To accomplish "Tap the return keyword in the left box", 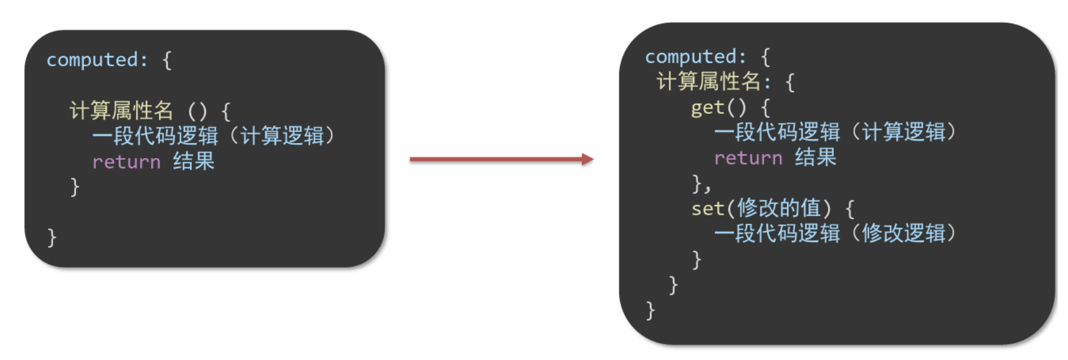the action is (126, 162).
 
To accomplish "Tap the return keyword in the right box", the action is (748, 158).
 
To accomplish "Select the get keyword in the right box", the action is (707, 107).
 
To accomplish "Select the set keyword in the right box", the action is (707, 209).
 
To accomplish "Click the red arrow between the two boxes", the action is (501, 159).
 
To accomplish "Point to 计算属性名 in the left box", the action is (121, 110).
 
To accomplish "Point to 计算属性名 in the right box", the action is (708, 81).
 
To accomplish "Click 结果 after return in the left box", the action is (194, 162).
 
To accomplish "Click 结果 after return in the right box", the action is (815, 158).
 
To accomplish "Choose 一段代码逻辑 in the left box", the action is (155, 136).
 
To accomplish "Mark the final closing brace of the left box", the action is (52, 237).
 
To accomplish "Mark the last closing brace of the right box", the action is (650, 311).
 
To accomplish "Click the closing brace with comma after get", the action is (700, 183).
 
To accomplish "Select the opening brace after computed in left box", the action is (167, 60).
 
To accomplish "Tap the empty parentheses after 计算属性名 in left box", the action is (197, 111).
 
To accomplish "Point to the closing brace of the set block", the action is (697, 259).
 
